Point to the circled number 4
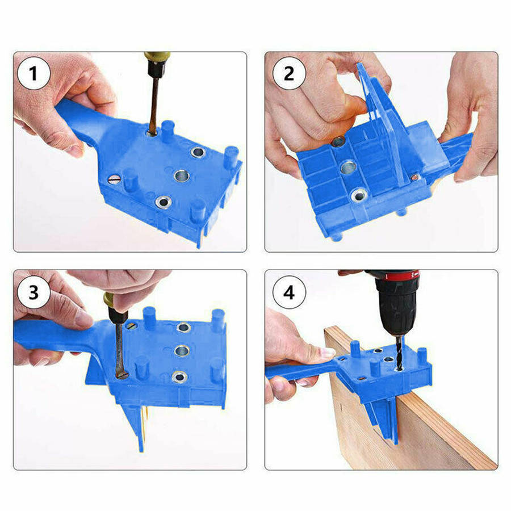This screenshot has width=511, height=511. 289,293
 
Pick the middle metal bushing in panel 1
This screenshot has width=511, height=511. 181,175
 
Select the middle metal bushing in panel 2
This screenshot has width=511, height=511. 347,167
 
